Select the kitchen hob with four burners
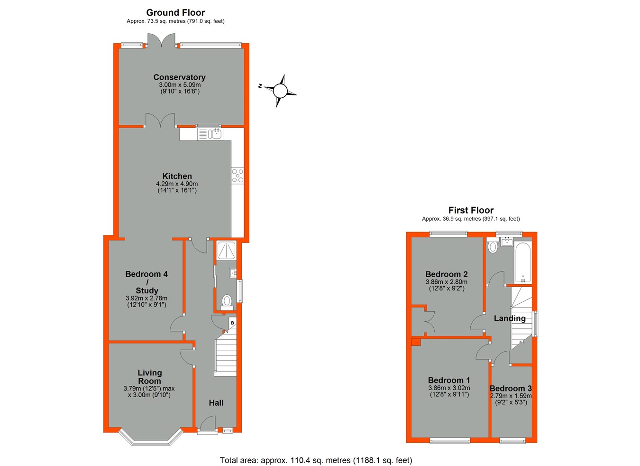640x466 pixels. tap(238, 176)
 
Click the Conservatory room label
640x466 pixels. tap(179, 77)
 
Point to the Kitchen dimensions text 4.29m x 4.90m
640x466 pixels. tap(177, 184)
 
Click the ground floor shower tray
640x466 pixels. tap(227, 251)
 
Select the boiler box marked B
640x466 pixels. tap(232, 323)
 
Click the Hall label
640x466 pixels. tap(216, 403)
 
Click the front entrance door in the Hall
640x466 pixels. tap(207, 425)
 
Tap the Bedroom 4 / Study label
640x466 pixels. tap(146, 282)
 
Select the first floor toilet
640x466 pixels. tap(492, 246)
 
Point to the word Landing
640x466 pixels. tap(510, 318)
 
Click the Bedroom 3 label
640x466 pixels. tap(511, 388)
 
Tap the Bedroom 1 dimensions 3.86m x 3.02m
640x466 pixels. tap(449, 388)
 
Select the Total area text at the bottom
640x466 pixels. tap(316, 460)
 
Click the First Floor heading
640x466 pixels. tap(471, 210)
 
